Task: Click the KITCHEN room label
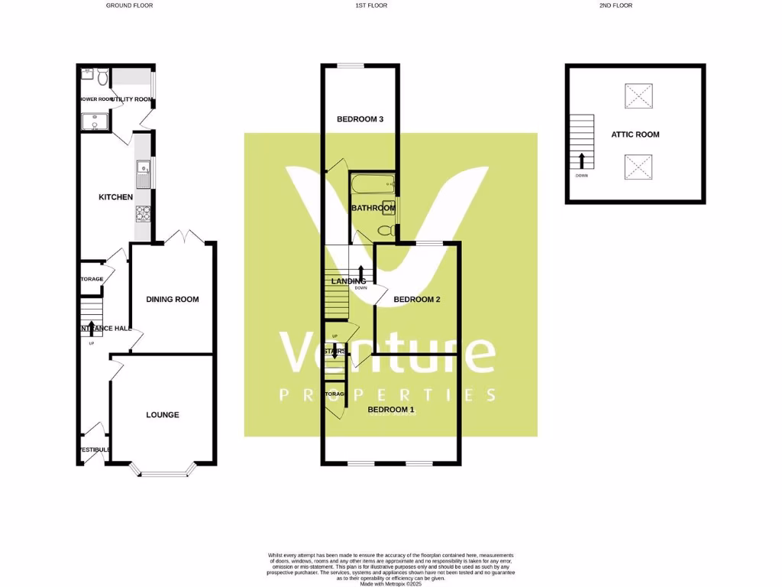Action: (116, 197)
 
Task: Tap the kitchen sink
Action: (142, 174)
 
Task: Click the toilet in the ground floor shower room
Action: (102, 76)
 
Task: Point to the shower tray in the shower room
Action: (92, 122)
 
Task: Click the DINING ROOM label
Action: (173, 299)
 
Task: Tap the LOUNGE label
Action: (163, 415)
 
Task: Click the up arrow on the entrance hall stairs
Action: (92, 329)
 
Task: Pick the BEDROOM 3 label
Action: (360, 119)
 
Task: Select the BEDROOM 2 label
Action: (417, 300)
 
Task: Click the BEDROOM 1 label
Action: (391, 410)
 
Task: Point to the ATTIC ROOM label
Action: (635, 135)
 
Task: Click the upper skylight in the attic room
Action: (638, 97)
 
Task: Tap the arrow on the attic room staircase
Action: (582, 161)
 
